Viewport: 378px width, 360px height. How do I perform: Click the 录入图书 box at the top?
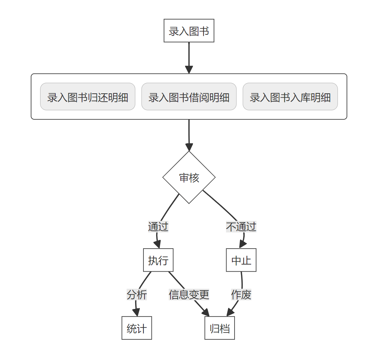pos(189,31)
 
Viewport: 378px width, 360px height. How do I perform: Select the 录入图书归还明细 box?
pos(87,97)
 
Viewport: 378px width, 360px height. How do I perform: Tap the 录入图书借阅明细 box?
pos(189,97)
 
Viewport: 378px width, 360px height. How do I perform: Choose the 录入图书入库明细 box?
pos(290,97)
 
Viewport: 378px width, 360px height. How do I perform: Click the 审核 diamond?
pos(189,178)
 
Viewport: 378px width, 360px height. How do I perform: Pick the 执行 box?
pos(158,260)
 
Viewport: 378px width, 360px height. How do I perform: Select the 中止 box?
pos(241,260)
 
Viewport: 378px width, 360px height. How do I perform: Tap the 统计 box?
pos(137,328)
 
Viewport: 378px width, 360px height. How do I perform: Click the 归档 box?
pos(219,328)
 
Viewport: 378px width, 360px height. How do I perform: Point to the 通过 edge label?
pos(158,227)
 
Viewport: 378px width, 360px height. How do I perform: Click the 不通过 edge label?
pos(241,227)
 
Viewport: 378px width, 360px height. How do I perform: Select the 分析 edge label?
pos(137,295)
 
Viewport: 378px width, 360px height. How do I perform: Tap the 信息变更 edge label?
pos(189,295)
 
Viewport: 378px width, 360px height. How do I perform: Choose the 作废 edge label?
pos(241,295)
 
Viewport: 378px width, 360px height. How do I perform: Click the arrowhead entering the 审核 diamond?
pos(189,147)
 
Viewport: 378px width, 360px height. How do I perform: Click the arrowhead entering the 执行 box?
pos(158,245)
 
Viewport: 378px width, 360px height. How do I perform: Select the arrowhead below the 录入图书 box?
pos(189,70)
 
